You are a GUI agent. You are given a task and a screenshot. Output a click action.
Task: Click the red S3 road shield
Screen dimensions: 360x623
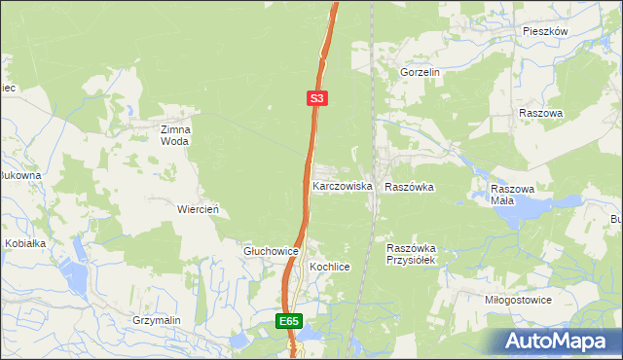click(317, 98)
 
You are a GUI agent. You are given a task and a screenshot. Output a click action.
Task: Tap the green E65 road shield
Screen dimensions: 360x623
click(289, 320)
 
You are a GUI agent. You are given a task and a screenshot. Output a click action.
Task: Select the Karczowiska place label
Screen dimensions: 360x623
click(342, 185)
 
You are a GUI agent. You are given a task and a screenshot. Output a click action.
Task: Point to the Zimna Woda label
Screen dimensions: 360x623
click(176, 134)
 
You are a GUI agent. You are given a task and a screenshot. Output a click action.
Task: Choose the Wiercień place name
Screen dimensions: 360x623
click(197, 209)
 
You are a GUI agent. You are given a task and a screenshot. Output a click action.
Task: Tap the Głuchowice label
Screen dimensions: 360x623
click(270, 250)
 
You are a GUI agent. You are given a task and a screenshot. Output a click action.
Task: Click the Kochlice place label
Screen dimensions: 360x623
click(329, 266)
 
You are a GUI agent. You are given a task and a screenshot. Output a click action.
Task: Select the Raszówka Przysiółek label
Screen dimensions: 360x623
click(416, 254)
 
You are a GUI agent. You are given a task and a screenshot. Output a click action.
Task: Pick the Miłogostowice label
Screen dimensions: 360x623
click(518, 300)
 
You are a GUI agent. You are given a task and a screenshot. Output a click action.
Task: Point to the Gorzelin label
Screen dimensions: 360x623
click(421, 73)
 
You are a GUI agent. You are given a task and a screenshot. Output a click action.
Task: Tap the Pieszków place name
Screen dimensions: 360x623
click(544, 31)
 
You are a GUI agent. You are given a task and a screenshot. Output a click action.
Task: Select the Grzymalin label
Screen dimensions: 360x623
click(158, 319)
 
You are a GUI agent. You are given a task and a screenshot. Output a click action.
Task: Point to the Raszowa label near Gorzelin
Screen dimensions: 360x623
click(541, 113)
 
